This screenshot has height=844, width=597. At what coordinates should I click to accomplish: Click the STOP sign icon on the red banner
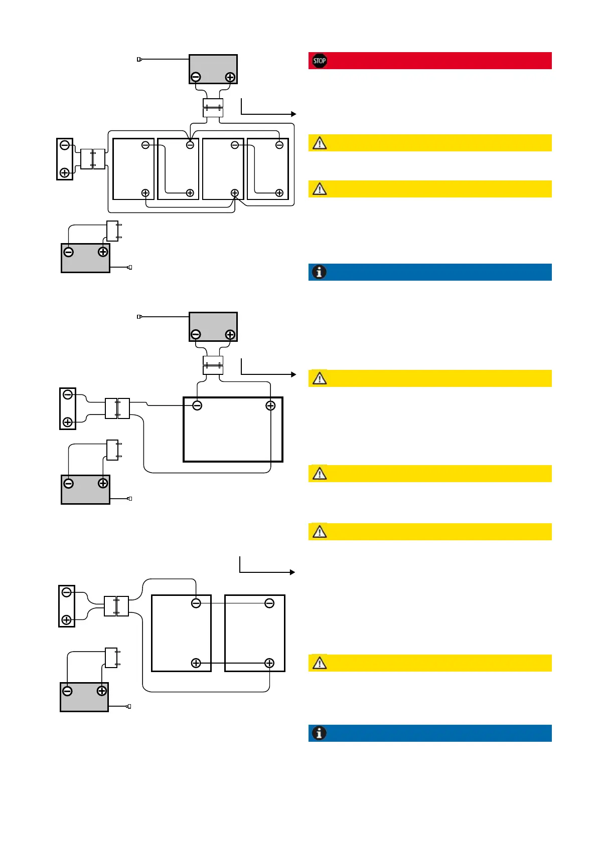pos(320,61)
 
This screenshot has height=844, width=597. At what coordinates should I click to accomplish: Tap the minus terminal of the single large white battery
pos(197,405)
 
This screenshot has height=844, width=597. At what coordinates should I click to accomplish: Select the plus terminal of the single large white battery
pos(270,405)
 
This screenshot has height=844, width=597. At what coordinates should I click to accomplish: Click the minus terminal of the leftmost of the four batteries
pos(145,145)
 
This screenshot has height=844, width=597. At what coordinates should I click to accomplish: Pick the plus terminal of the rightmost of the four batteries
pos(279,193)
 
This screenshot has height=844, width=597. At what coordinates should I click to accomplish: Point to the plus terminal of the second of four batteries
pos(190,193)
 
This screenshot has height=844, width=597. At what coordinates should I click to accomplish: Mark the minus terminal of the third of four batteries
pos(235,145)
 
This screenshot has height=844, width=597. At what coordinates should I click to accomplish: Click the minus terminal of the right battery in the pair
pos(269,603)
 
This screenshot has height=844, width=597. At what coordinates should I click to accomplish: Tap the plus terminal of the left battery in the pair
pos(196,663)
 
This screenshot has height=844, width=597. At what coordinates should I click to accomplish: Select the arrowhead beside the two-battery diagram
pos(292,572)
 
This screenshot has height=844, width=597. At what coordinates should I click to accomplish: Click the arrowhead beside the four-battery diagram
pos(293,114)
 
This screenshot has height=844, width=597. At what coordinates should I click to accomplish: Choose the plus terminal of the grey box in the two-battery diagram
pos(102,691)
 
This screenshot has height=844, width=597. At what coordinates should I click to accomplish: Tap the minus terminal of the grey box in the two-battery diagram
pos(67,691)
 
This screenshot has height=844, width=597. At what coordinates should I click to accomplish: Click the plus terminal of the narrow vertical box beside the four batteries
pos(65,173)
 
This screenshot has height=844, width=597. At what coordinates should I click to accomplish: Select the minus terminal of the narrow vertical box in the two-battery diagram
pos(66,592)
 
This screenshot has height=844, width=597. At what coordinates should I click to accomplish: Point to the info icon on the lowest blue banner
pos(319,733)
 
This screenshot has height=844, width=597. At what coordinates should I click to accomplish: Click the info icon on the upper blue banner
pos(319,272)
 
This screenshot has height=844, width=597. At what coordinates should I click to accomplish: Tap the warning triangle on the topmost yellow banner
pos(320,143)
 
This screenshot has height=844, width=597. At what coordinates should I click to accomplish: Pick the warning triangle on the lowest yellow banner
pos(320,663)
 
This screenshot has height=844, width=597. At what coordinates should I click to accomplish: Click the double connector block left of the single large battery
pos(117,408)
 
